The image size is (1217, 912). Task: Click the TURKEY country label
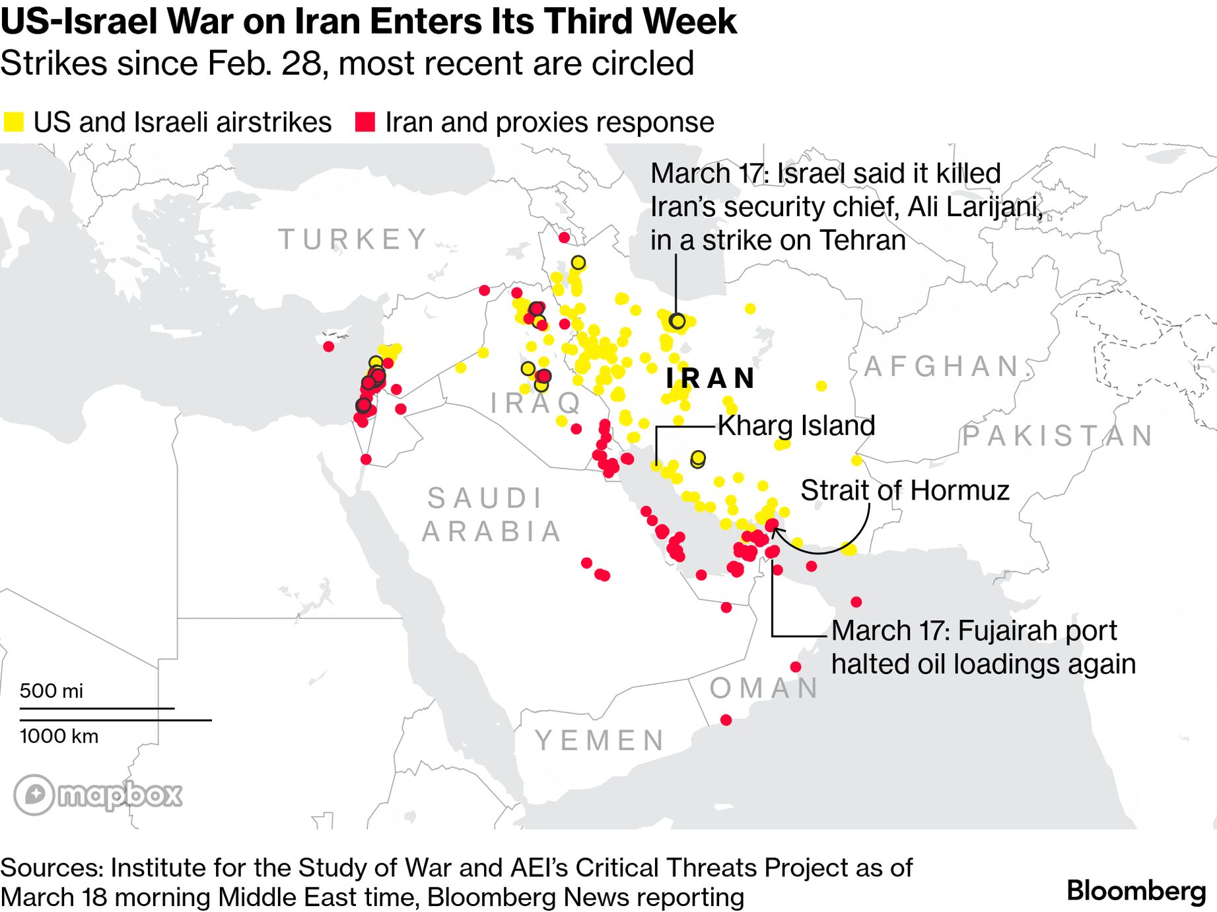tap(353, 239)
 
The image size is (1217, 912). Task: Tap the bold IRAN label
tap(711, 378)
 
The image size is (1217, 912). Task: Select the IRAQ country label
tap(536, 402)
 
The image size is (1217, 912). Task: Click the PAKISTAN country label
tap(1058, 436)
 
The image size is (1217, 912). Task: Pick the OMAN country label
tap(764, 689)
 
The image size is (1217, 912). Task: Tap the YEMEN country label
tap(600, 740)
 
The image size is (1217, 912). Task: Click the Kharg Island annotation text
tap(796, 426)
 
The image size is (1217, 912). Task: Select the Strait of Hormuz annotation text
tap(905, 490)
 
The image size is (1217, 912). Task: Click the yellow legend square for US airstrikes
tap(13, 122)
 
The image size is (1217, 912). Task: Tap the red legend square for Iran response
tap(365, 122)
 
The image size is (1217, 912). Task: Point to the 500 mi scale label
tap(52, 691)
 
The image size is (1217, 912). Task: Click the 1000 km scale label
tap(59, 736)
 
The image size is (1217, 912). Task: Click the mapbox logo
tap(98, 794)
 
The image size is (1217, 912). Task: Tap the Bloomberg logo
tap(1136, 891)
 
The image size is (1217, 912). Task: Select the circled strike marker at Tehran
tap(677, 321)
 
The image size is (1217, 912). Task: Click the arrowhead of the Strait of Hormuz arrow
tap(775, 529)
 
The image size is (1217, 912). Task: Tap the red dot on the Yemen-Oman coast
tap(726, 720)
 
